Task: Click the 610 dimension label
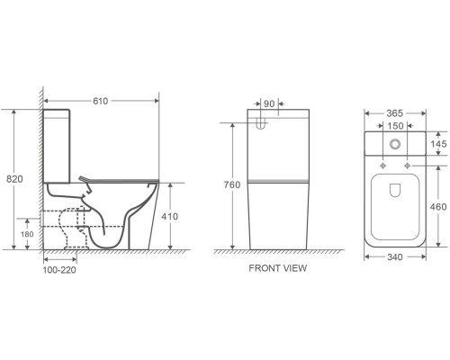(x=100, y=101)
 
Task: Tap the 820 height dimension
(x=14, y=179)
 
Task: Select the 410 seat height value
(x=169, y=216)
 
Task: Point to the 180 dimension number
(x=27, y=234)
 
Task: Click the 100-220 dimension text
(x=59, y=270)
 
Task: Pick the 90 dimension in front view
(x=269, y=103)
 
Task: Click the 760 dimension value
(x=232, y=184)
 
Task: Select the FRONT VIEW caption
(x=278, y=268)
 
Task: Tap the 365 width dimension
(x=394, y=113)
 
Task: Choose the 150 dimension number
(x=395, y=126)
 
